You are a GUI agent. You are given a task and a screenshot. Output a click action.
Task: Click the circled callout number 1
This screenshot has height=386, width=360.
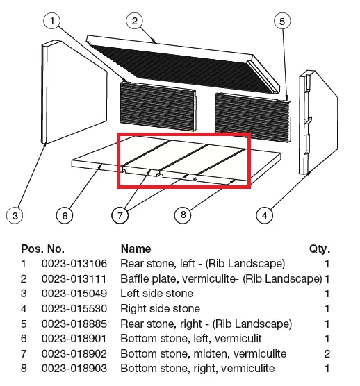click(x=51, y=21)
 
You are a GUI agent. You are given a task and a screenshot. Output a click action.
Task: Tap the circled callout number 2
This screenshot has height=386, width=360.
click(x=134, y=21)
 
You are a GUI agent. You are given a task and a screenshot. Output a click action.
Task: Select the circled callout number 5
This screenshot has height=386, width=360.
click(x=282, y=21)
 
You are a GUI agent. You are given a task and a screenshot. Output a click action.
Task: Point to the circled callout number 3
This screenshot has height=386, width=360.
click(x=15, y=215)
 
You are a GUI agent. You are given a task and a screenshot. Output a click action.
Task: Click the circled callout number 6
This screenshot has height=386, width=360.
click(x=65, y=215)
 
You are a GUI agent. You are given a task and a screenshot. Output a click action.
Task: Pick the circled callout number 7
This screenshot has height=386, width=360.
click(x=120, y=215)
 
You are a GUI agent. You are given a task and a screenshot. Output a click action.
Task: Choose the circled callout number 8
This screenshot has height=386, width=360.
click(x=183, y=215)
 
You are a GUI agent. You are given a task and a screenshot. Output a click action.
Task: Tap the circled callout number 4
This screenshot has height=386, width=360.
click(x=264, y=215)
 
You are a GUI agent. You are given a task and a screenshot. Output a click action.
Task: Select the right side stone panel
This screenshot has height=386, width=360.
click(x=318, y=122)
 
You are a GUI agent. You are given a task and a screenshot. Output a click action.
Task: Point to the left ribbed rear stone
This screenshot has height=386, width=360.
click(x=158, y=106)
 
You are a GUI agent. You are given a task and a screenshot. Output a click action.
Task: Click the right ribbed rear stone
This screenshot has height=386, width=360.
click(x=252, y=117)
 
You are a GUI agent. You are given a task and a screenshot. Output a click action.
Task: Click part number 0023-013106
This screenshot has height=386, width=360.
click(x=74, y=264)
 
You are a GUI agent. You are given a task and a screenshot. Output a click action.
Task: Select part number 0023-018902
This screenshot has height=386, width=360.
click(x=74, y=354)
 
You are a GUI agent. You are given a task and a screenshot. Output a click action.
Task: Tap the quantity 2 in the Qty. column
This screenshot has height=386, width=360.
click(x=327, y=354)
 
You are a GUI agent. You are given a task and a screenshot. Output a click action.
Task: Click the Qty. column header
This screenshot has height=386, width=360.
click(x=320, y=249)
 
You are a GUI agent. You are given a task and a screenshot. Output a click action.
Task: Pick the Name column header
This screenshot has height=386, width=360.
click(x=136, y=249)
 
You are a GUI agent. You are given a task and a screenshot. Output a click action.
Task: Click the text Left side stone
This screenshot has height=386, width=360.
click(x=156, y=294)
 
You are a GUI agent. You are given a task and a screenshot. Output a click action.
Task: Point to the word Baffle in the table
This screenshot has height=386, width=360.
click(x=135, y=278)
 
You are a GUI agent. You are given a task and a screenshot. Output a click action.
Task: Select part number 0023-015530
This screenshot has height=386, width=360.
click(x=74, y=309)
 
